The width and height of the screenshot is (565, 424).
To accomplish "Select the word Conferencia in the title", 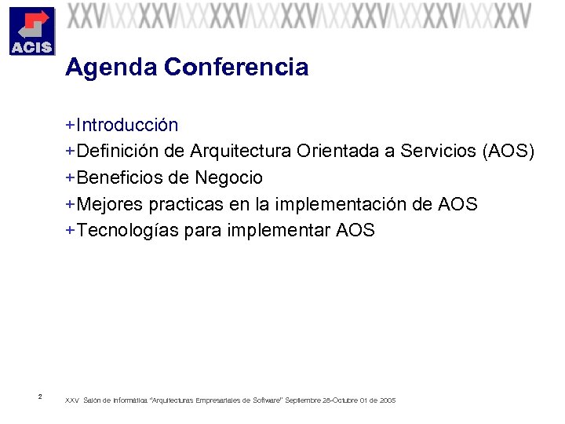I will (236, 68).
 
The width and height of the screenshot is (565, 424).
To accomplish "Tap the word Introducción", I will (127, 125).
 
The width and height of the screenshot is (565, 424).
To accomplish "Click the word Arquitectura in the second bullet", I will (239, 152).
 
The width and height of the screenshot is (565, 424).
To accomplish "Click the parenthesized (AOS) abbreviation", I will (508, 152).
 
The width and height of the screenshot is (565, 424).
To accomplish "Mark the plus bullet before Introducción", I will (71, 125).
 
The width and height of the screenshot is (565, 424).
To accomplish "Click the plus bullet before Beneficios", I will (71, 178).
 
